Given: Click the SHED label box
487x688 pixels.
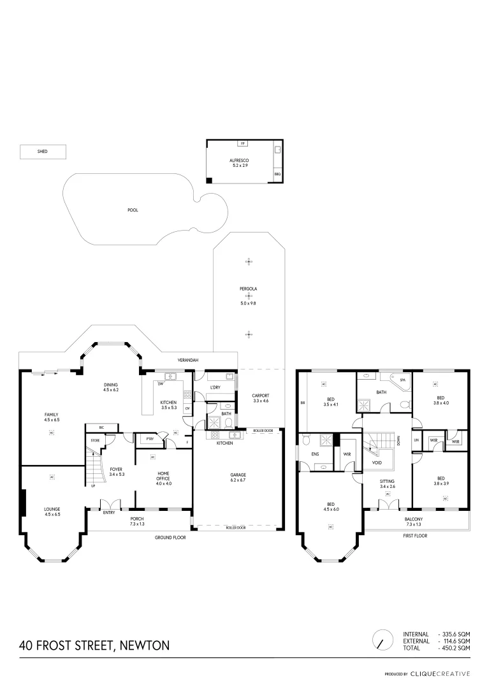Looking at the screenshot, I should tap(43, 152).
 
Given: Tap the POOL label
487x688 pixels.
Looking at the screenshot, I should tap(133, 210).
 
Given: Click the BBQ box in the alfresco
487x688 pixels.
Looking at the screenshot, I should tap(277, 174).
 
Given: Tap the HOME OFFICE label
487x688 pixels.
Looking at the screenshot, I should tap(164, 477).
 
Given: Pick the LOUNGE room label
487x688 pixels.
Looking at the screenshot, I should tap(52, 511).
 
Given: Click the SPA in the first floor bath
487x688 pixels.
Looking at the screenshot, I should tap(402, 380).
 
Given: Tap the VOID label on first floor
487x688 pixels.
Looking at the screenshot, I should tap(377, 463).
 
